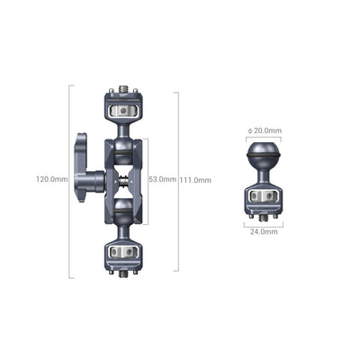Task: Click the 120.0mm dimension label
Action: (51, 179)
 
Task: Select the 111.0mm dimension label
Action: (196, 179)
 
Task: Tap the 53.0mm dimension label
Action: (162, 179)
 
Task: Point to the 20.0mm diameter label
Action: (267, 130)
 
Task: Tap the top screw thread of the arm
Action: (122, 91)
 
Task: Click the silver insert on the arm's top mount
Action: (122, 111)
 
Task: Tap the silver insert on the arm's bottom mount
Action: (122, 251)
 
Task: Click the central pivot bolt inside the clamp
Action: (122, 179)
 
